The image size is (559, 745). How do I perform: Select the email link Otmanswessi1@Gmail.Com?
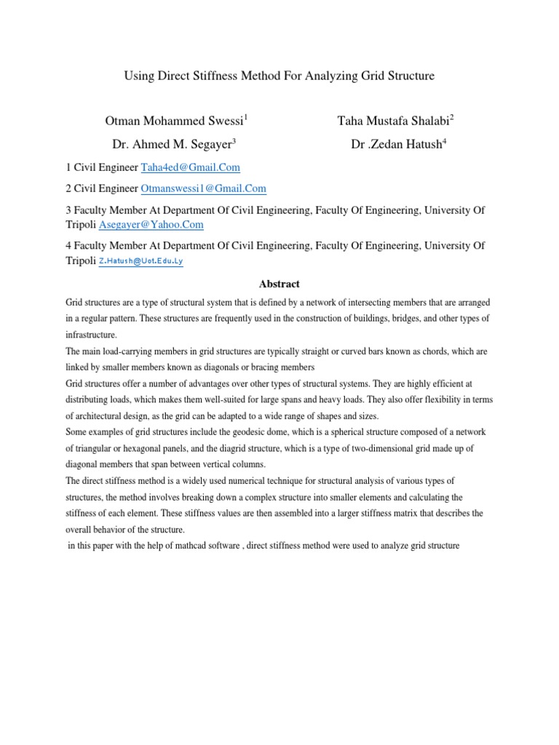(203, 188)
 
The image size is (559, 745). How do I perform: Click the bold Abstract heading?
(279, 284)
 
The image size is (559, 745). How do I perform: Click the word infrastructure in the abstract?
(91, 335)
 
